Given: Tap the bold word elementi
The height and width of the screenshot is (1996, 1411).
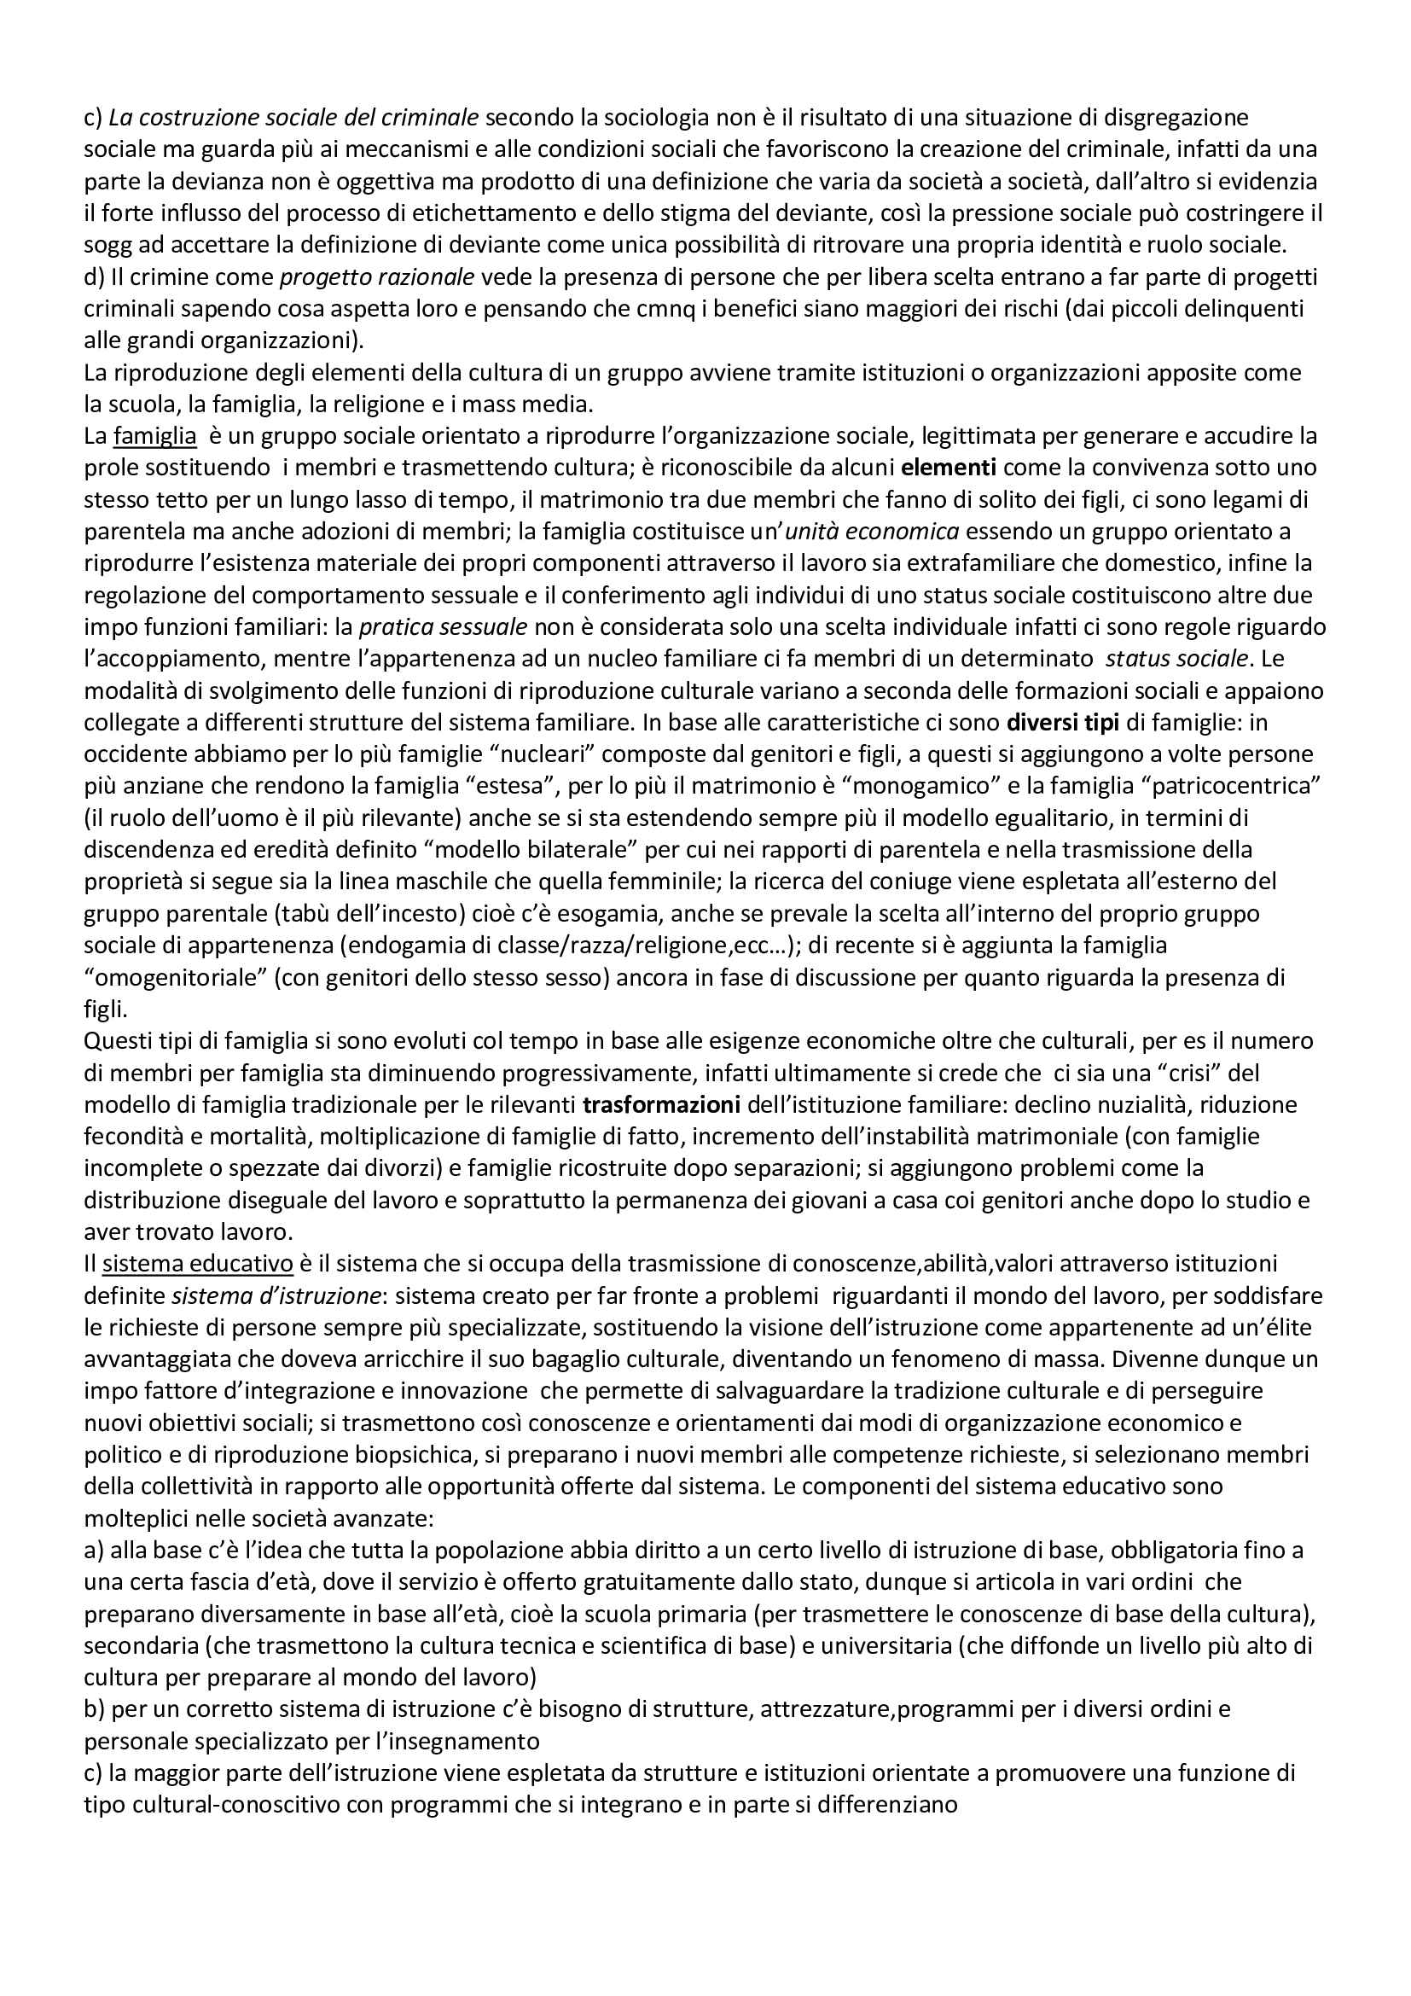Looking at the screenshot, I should pos(949,468).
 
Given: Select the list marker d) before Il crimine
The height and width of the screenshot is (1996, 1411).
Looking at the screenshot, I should pos(94,277).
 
